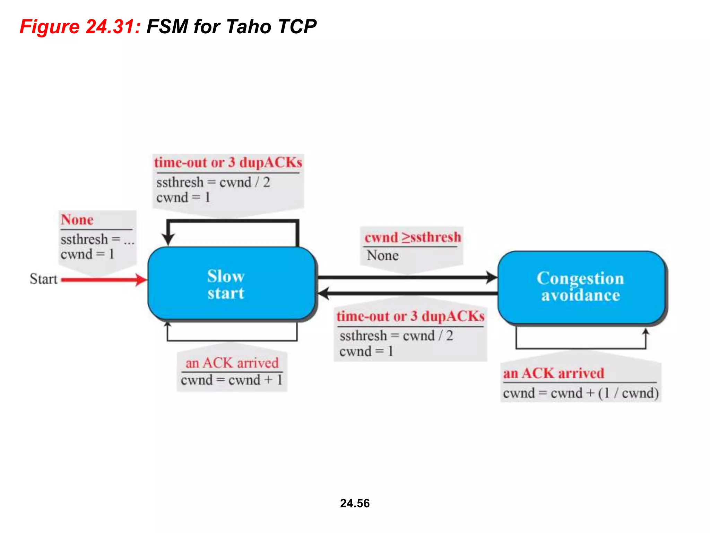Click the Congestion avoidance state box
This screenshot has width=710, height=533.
[x=581, y=287]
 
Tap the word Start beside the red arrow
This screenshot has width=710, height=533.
[x=43, y=279]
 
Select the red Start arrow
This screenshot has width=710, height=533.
[x=101, y=280]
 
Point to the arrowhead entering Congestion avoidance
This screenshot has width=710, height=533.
[x=492, y=277]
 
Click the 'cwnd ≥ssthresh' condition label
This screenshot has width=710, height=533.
[x=413, y=237]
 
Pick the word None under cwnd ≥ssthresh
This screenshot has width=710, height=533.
[x=383, y=255]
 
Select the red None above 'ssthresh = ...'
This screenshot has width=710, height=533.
[x=77, y=220]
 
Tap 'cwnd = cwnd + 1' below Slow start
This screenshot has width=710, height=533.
[x=232, y=380]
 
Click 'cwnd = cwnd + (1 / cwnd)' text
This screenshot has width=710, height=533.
[x=581, y=393]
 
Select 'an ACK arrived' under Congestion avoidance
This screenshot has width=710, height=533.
[x=554, y=373]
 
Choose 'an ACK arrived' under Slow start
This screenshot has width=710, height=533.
[x=232, y=363]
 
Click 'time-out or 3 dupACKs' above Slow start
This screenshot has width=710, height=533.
[x=228, y=162]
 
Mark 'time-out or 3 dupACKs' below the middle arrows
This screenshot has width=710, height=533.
[x=410, y=316]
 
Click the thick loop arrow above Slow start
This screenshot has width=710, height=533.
[x=232, y=221]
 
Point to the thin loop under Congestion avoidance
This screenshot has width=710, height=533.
[x=581, y=348]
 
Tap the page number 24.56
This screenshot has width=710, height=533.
[x=355, y=503]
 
